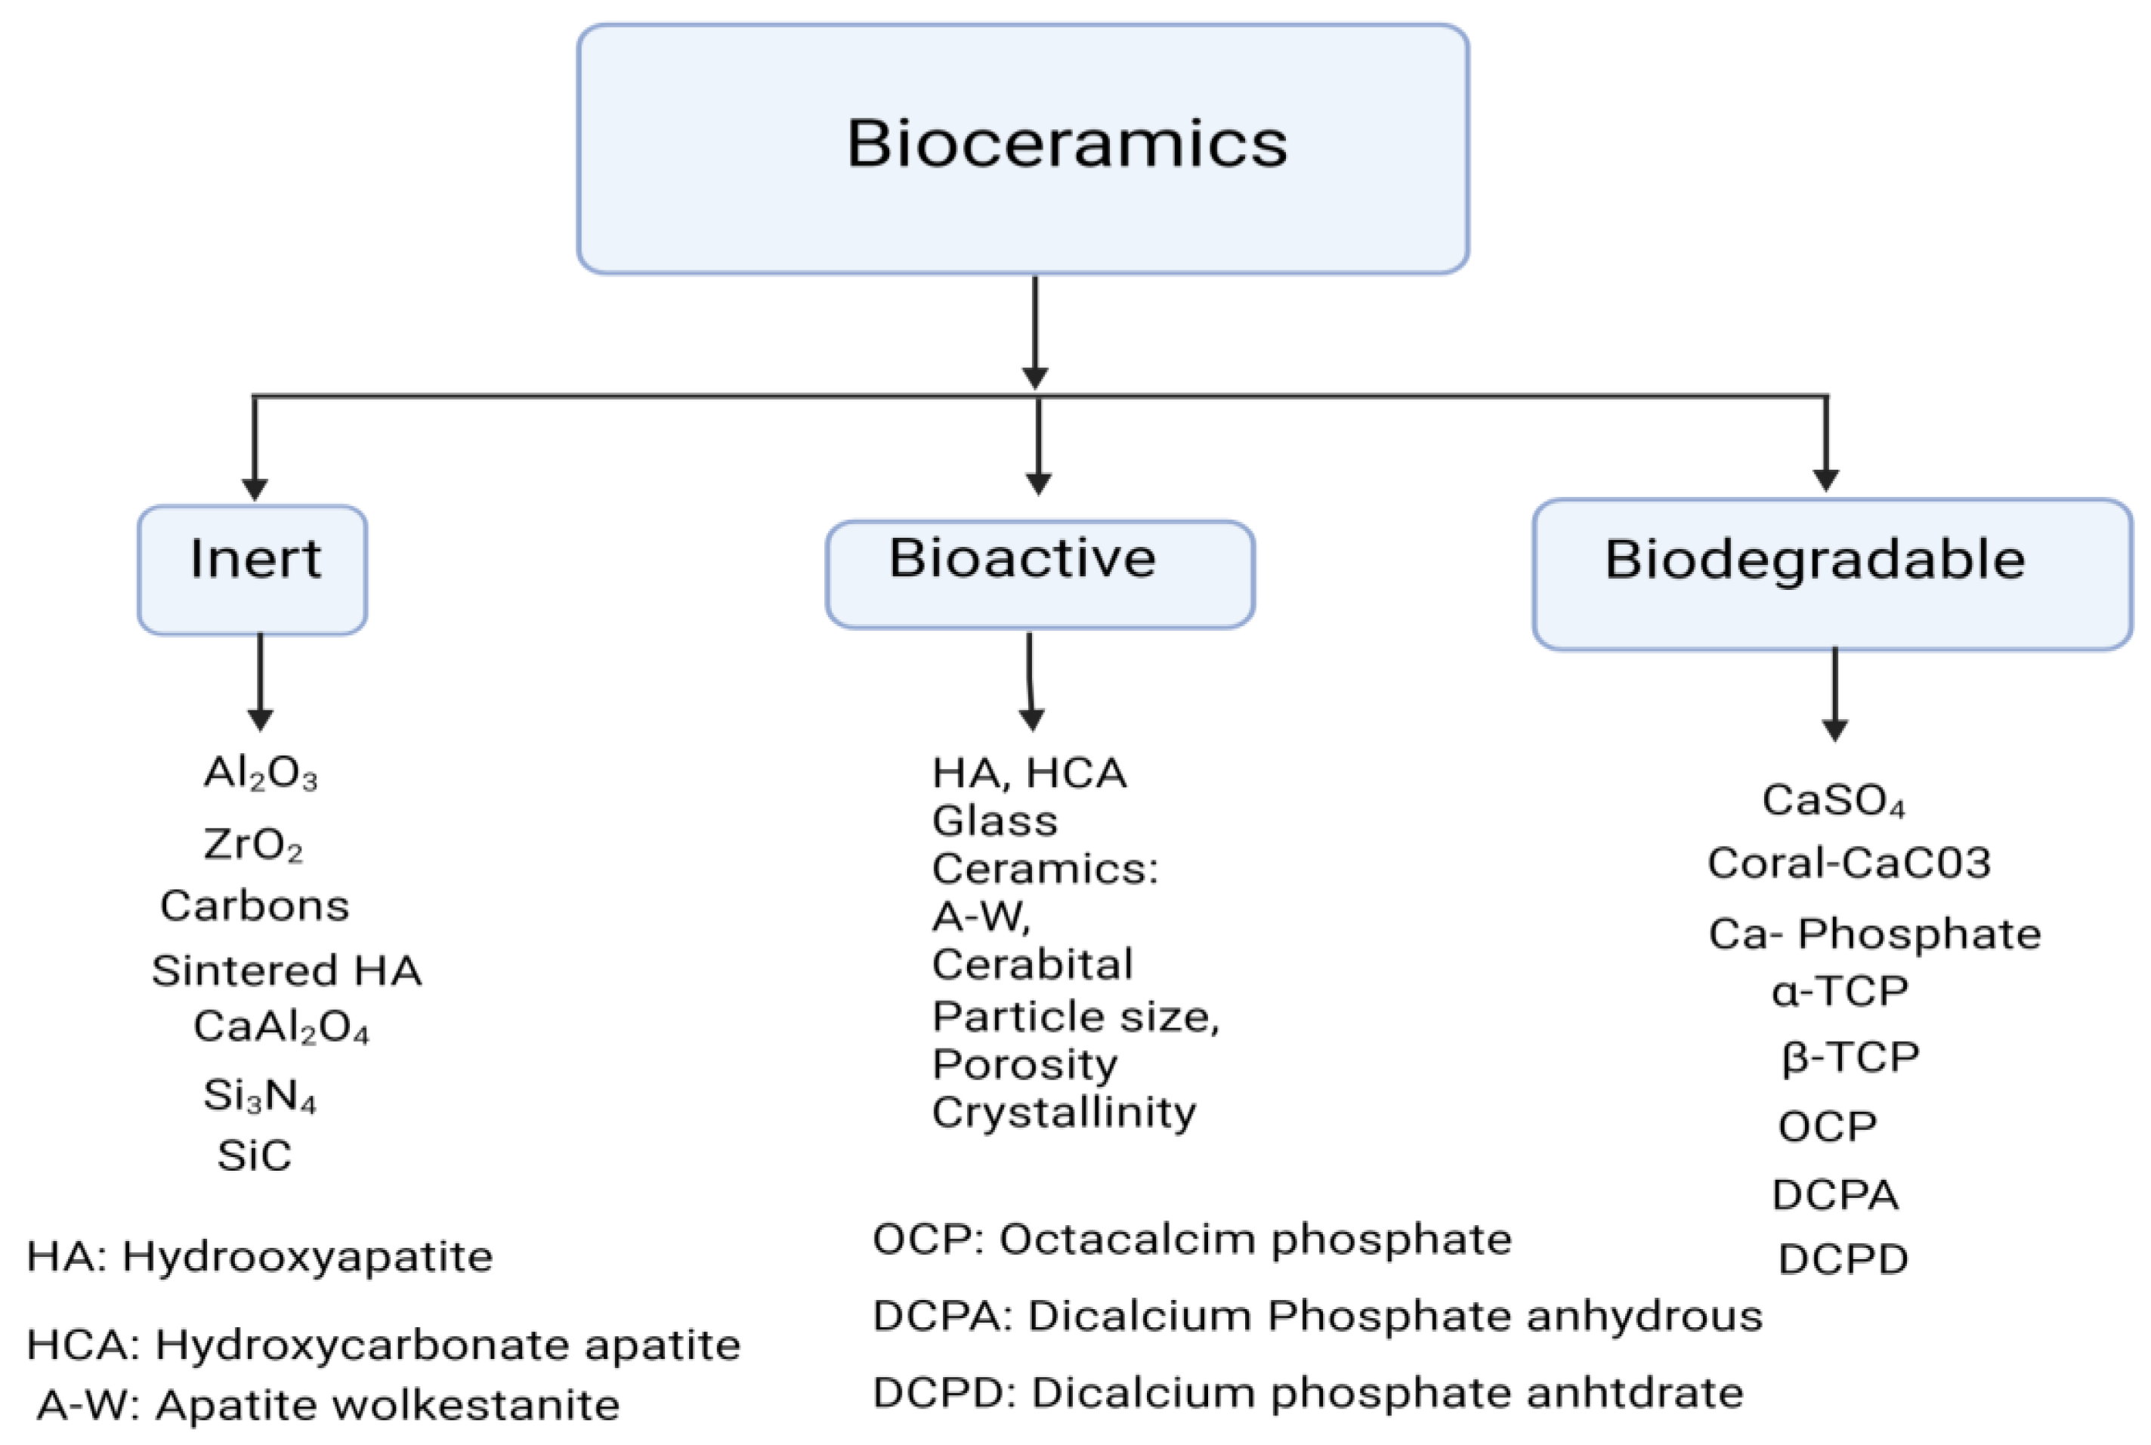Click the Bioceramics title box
[1022, 147]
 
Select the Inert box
[252, 569]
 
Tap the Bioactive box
[1039, 573]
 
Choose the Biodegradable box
[1831, 573]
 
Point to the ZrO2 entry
[252, 844]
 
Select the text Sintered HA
[286, 971]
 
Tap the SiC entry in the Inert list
[255, 1156]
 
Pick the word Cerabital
[1032, 965]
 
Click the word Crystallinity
[1064, 1113]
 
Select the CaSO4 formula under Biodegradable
[1833, 800]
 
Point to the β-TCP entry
[1850, 1056]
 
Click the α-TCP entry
[1840, 992]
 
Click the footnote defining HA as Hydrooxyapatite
[260, 1257]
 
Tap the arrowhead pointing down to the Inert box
[255, 489]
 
